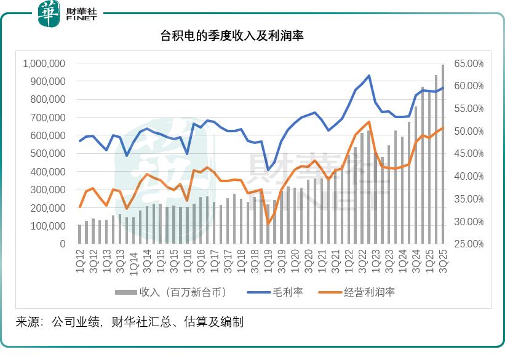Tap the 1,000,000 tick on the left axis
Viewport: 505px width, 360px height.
44,63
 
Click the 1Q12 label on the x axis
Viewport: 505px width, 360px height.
79,259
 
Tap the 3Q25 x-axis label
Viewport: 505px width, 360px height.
442,259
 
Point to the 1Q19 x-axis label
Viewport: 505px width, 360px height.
268,259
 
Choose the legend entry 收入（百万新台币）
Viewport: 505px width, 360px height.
178,292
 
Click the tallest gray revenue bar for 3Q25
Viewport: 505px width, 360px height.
442,154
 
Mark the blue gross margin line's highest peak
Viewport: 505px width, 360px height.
368,76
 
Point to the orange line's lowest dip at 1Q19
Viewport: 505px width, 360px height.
268,223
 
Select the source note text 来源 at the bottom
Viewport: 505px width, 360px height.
28,321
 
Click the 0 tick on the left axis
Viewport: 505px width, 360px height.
62,244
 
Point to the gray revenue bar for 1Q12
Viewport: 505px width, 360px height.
79,234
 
